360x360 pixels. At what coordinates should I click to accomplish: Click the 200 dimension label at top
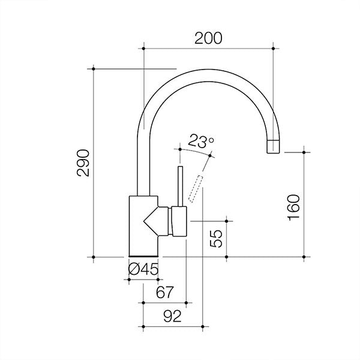209,37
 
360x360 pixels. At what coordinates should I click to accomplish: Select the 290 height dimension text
83,163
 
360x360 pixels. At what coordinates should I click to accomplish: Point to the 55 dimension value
217,239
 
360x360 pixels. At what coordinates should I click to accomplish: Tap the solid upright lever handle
179,186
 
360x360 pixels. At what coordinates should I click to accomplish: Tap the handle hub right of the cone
179,221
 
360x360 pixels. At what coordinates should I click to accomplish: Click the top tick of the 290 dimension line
95,68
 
